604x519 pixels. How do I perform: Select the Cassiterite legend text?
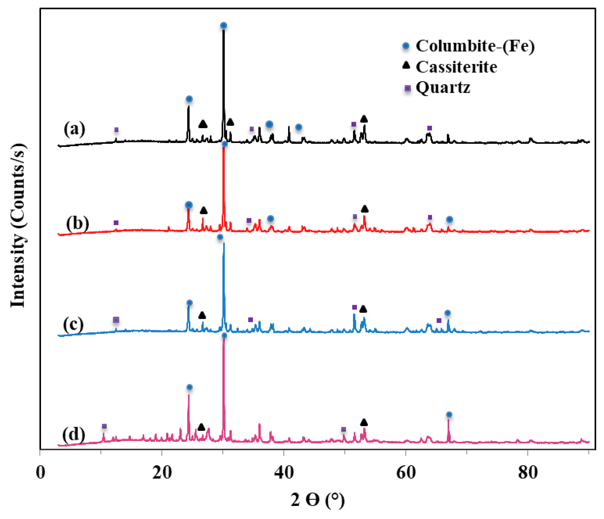point(456,67)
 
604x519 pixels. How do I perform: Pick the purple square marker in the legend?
point(408,88)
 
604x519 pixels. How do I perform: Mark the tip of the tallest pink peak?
point(224,340)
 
